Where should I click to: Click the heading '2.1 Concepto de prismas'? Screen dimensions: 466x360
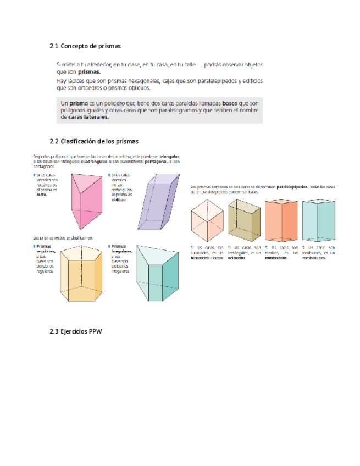pyautogui.click(x=85, y=45)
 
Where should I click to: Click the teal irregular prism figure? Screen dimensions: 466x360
pyautogui.click(x=157, y=273)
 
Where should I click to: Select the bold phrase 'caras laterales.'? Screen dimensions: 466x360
pyautogui.click(x=85, y=116)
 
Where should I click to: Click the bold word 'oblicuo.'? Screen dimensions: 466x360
pyautogui.click(x=119, y=200)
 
